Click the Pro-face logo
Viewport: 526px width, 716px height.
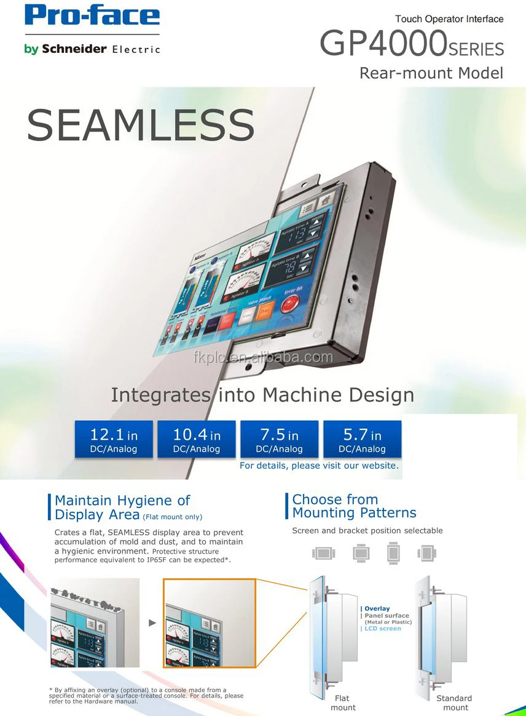click(x=92, y=16)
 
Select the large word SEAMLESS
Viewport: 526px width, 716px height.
click(x=140, y=125)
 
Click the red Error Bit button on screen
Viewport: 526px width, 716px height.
click(x=289, y=304)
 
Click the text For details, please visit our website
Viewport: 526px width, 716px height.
click(x=319, y=466)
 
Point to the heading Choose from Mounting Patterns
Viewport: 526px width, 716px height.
click(x=354, y=506)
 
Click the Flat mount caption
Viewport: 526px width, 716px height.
click(x=343, y=702)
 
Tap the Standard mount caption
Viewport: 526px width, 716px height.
click(x=455, y=702)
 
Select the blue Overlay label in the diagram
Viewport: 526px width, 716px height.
click(x=377, y=608)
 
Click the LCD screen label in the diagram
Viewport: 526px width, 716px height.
click(x=382, y=629)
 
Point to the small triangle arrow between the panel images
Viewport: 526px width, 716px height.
click(x=152, y=623)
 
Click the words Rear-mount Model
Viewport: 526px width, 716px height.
click(x=431, y=73)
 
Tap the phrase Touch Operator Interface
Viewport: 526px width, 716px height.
click(x=449, y=19)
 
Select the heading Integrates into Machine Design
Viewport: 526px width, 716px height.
click(x=262, y=394)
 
